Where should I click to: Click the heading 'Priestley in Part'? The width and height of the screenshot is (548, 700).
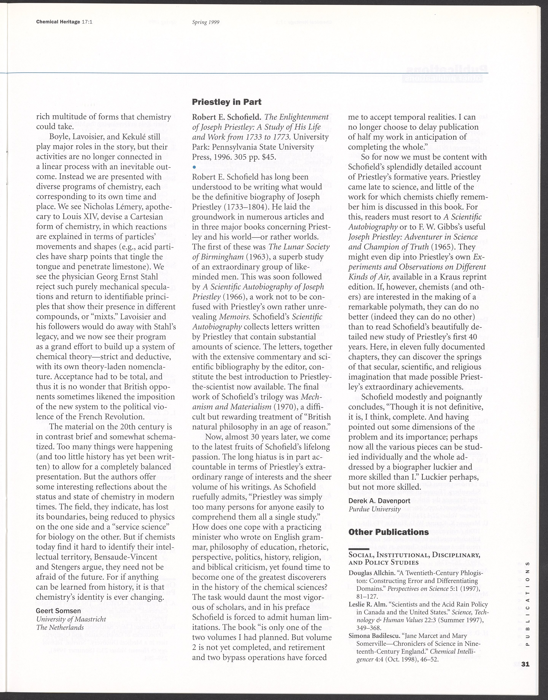pyautogui.click(x=226, y=102)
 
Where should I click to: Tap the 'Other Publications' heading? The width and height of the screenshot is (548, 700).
pyautogui.click(x=389, y=532)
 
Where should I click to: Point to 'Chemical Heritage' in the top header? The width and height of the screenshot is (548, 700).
pyautogui.click(x=58, y=22)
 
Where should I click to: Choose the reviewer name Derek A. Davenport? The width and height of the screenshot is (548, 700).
pyautogui.click(x=379, y=501)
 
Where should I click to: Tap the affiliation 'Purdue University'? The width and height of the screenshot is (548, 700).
pyautogui.click(x=374, y=509)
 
